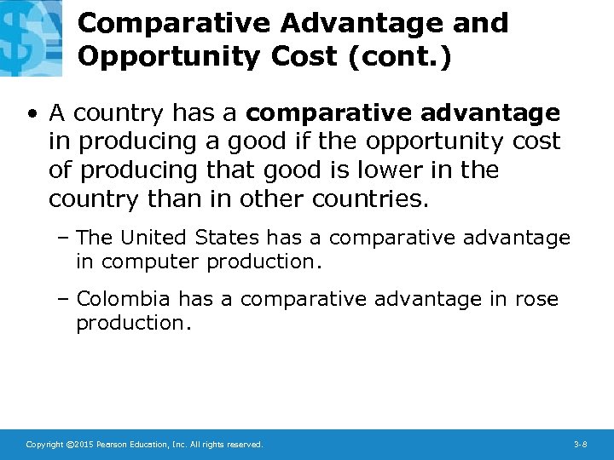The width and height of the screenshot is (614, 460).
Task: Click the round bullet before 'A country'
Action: [32, 113]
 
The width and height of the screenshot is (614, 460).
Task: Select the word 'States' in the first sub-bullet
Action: [228, 237]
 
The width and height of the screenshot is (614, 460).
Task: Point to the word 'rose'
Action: [536, 298]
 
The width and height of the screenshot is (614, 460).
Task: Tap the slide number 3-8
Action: [581, 445]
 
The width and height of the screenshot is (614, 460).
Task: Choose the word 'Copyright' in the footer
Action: [43, 445]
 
